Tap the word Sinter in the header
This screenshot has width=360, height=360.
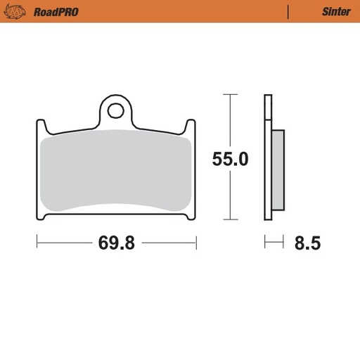coord(336,12)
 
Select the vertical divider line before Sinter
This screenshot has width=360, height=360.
coord(288,12)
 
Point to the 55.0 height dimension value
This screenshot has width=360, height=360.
coord(230,160)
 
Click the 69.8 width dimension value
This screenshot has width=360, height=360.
coord(116,244)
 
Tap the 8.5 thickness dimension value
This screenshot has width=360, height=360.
coord(307,244)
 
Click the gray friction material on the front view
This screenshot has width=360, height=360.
coord(116,169)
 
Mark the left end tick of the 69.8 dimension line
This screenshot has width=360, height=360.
coord(37,244)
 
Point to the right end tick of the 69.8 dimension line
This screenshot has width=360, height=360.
coord(196,244)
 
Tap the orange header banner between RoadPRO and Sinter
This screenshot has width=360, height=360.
coord(183,12)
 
